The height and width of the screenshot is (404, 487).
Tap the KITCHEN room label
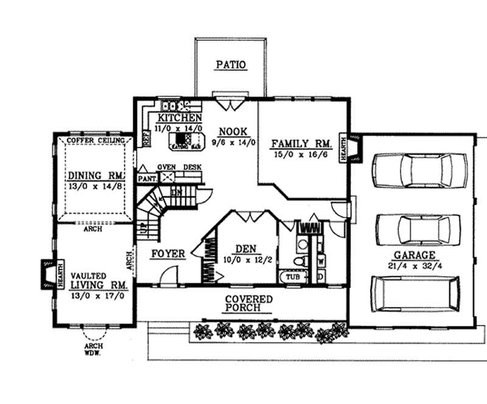pyautogui.click(x=180, y=118)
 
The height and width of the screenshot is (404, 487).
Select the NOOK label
pyautogui.click(x=232, y=131)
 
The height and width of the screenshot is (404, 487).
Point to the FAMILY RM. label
pyautogui.click(x=301, y=144)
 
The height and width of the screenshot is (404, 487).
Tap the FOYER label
pyautogui.click(x=168, y=253)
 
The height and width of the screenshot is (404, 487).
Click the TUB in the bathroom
pyautogui.click(x=293, y=276)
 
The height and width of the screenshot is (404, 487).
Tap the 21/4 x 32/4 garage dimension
pyautogui.click(x=413, y=266)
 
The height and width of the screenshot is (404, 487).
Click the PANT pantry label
pyautogui.click(x=147, y=179)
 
